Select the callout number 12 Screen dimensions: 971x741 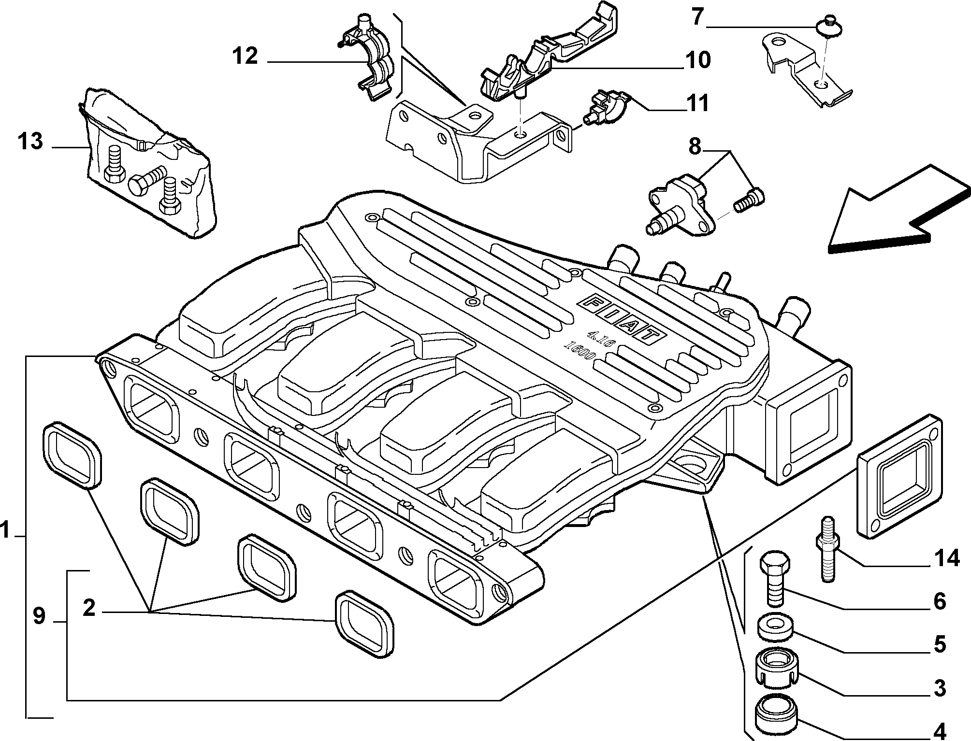(x=246, y=57)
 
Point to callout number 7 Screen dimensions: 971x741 (x=697, y=17)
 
